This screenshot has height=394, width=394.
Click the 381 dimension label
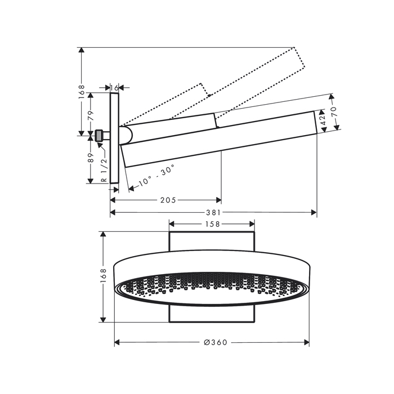pyautogui.click(x=213, y=213)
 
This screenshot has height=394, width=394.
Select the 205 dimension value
pyautogui.click(x=168, y=200)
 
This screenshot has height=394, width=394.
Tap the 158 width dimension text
pyautogui.click(x=213, y=224)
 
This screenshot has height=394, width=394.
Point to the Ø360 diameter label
pyautogui.click(x=216, y=342)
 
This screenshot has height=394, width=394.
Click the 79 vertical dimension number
pyautogui.click(x=91, y=115)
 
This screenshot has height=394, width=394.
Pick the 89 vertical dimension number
pyautogui.click(x=91, y=158)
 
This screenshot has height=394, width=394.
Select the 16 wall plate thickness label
pyautogui.click(x=114, y=88)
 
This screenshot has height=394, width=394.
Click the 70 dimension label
pyautogui.click(x=334, y=111)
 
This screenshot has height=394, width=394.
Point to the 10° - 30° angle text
pyautogui.click(x=156, y=175)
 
